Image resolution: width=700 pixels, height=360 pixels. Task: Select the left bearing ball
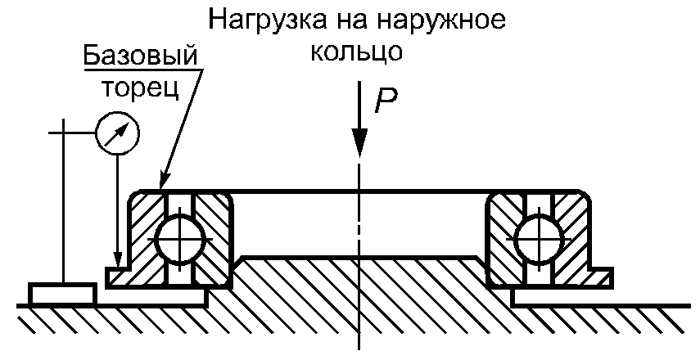pos(179,236)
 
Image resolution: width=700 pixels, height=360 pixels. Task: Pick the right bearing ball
pos(536,236)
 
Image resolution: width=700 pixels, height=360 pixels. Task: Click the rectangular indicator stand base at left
pos(61,292)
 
